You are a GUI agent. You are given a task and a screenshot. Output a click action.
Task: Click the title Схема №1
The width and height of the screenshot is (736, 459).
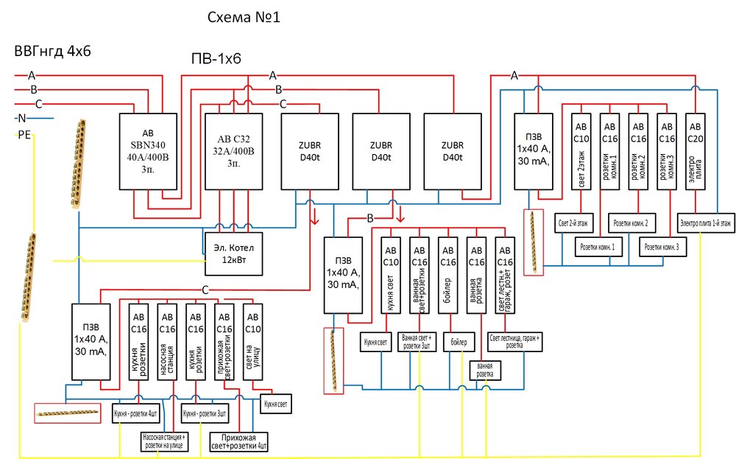(x=244, y=18)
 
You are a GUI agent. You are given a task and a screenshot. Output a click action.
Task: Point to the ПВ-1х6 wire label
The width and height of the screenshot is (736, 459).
(x=216, y=60)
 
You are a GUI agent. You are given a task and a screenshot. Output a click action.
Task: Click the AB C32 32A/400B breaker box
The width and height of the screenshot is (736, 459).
(x=234, y=152)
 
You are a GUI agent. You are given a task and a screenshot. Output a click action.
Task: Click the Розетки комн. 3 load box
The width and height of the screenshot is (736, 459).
(x=663, y=247)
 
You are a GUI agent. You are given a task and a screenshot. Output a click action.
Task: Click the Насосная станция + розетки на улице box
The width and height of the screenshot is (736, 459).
(x=167, y=442)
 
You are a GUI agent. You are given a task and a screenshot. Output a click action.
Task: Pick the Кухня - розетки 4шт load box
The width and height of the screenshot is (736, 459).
(x=139, y=413)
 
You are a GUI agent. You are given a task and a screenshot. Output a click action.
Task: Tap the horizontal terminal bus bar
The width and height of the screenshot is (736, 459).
(x=67, y=413)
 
